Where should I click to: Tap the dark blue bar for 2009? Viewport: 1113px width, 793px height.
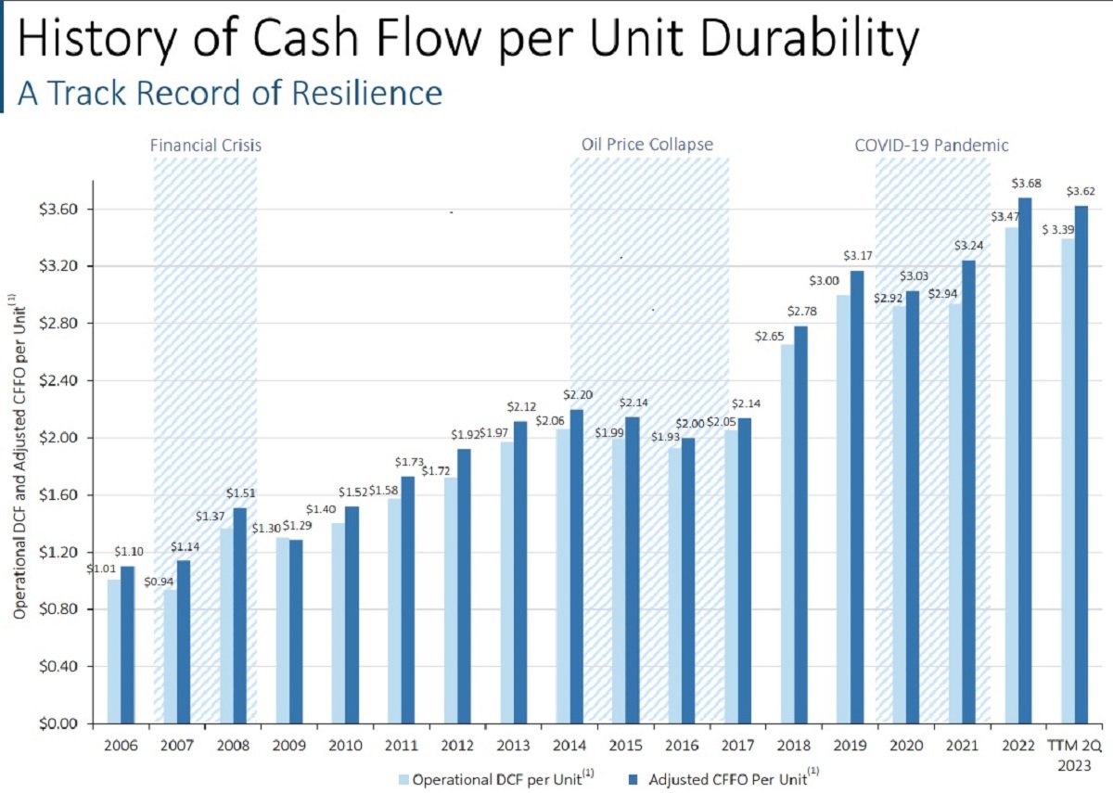(x=295, y=631)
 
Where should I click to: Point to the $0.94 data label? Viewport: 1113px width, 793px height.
(x=159, y=582)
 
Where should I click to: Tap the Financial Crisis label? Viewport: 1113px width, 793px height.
(x=206, y=146)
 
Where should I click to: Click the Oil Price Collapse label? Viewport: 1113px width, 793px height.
(x=647, y=145)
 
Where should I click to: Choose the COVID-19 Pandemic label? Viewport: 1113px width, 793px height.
(x=931, y=146)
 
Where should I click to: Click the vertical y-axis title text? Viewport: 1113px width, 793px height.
(x=19, y=454)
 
